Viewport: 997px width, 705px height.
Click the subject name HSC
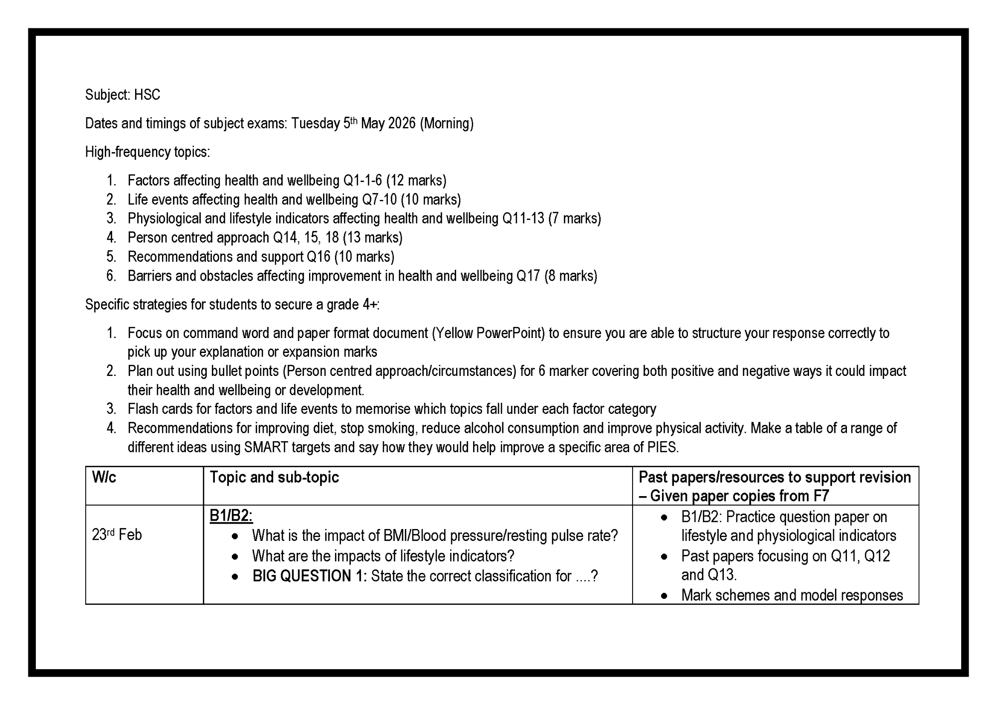[147, 95]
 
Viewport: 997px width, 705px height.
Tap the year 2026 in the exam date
[401, 123]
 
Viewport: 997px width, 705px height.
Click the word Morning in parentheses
[447, 123]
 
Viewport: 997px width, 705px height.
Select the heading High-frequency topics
[148, 152]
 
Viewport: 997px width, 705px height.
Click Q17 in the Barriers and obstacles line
[528, 276]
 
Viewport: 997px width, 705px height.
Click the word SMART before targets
[266, 447]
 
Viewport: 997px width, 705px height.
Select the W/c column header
[104, 477]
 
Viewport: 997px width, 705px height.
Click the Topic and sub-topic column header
[274, 477]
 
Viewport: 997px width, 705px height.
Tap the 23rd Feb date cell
[117, 535]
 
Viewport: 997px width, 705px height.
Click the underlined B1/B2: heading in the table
[231, 516]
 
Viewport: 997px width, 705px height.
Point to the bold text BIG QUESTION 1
[310, 576]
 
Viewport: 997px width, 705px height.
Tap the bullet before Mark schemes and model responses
[664, 596]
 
